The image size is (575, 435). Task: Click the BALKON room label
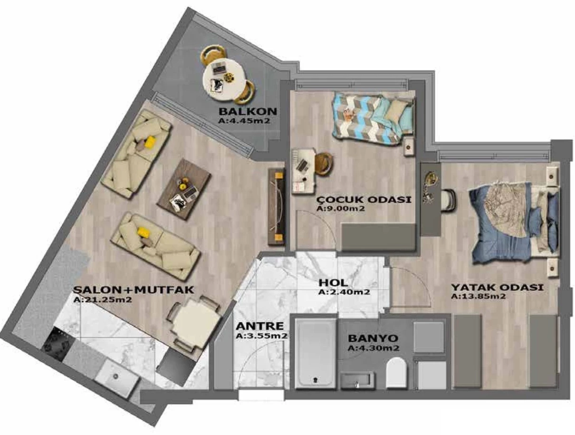(x=247, y=111)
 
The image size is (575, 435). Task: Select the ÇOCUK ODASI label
(x=364, y=200)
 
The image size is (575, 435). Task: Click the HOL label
(x=333, y=283)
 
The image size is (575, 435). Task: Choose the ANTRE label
(x=260, y=326)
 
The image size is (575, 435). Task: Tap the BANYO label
(x=373, y=338)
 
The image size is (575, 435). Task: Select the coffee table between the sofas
(x=183, y=190)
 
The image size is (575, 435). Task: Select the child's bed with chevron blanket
(x=373, y=120)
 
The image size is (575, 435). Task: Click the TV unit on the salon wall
(x=277, y=207)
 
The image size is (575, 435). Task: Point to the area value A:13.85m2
(x=478, y=296)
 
